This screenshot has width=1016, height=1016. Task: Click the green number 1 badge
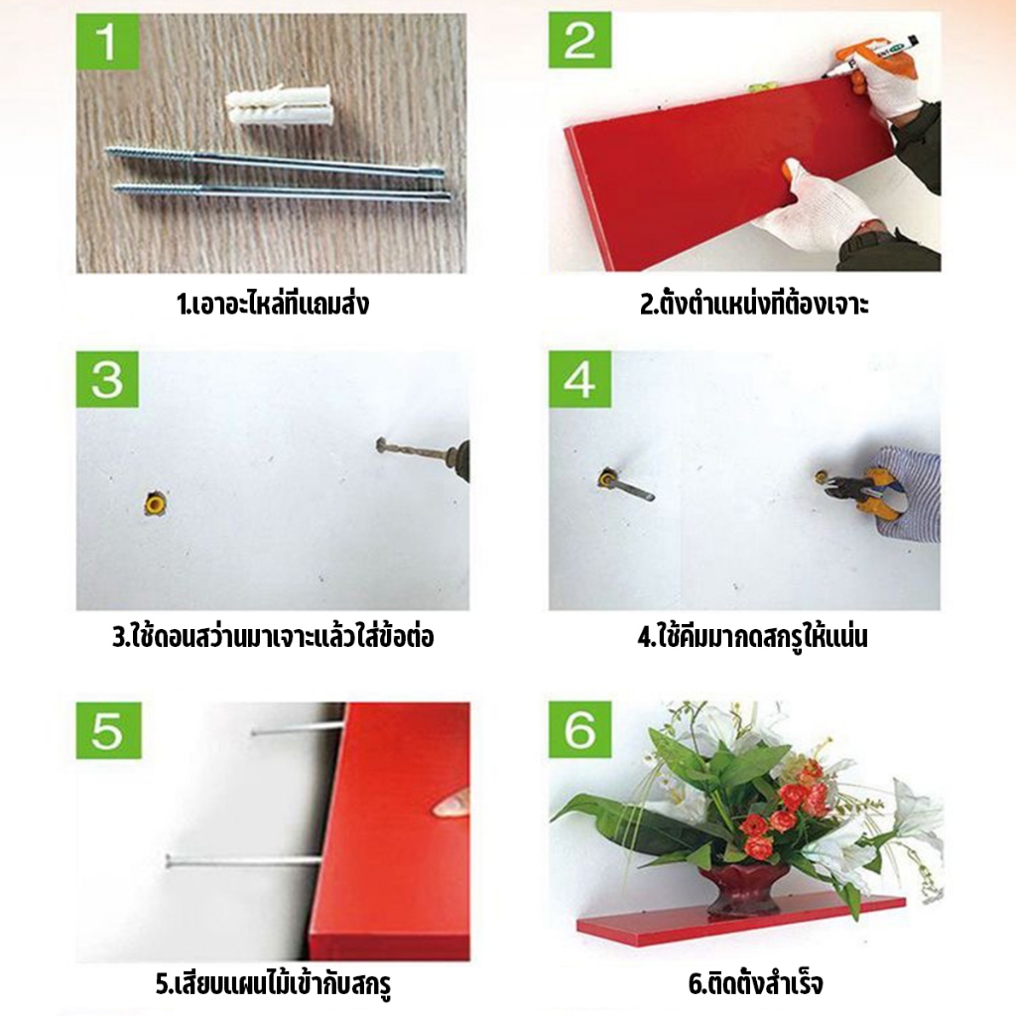(x=107, y=40)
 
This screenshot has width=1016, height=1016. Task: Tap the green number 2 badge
(x=579, y=40)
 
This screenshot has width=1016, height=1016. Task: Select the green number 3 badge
(x=107, y=379)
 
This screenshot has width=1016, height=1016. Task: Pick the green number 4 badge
(x=579, y=379)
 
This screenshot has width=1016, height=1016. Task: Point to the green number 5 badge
(x=108, y=730)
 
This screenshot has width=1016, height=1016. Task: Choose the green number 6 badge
(x=579, y=730)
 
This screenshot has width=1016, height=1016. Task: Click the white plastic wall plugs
(x=279, y=107)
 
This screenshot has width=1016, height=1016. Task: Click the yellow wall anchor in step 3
(x=155, y=503)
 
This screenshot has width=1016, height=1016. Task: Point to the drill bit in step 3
(x=415, y=447)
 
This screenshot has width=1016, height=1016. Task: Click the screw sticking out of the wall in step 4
(x=625, y=485)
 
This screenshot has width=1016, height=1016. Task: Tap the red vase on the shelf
(x=744, y=889)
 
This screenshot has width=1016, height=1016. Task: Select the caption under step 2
(x=754, y=304)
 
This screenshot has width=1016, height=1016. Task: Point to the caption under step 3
(x=273, y=637)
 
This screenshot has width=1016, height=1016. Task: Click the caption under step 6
(x=755, y=984)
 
